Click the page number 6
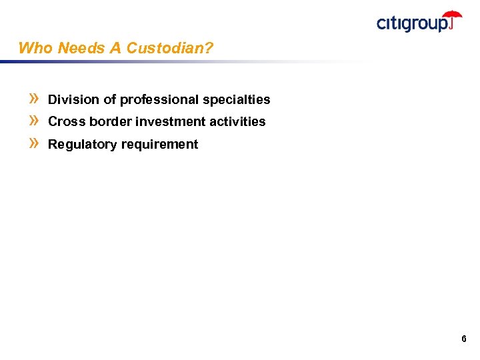(x=463, y=339)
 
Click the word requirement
(x=159, y=144)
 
